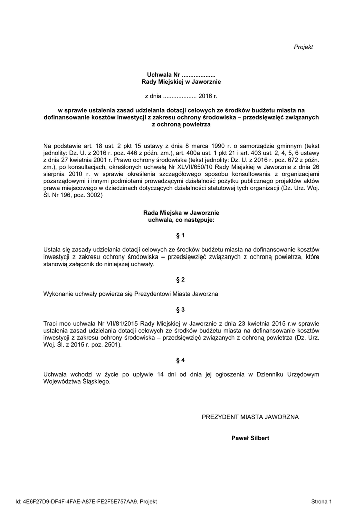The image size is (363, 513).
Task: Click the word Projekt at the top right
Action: click(x=303, y=47)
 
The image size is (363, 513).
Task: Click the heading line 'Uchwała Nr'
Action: click(x=181, y=74)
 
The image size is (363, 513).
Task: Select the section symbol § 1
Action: click(x=181, y=235)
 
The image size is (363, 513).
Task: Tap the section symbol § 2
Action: click(x=181, y=279)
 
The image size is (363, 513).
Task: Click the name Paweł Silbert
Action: click(x=250, y=438)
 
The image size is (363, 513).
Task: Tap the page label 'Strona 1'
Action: click(x=321, y=501)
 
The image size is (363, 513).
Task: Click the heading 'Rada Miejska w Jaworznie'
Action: click(x=181, y=213)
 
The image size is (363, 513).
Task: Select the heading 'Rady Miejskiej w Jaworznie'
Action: click(x=181, y=81)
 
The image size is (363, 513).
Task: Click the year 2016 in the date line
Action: click(x=205, y=95)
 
